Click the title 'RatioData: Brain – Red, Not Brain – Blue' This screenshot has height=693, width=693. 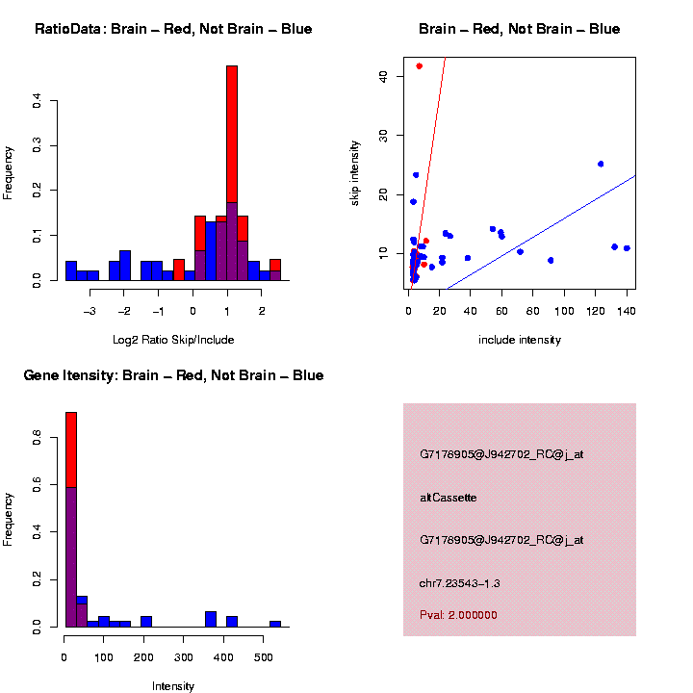[x=173, y=30]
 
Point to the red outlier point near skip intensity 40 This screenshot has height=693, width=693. [x=419, y=65]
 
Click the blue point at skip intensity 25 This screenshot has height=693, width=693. [x=601, y=164]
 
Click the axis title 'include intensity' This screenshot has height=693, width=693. [x=519, y=340]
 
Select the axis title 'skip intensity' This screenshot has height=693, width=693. [x=355, y=172]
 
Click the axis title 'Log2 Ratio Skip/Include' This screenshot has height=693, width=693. [x=173, y=340]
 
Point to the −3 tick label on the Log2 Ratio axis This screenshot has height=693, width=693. [x=89, y=311]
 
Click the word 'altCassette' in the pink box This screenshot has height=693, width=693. [x=449, y=498]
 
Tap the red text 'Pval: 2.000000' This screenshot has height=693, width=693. [x=458, y=615]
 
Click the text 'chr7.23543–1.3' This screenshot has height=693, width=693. [x=460, y=583]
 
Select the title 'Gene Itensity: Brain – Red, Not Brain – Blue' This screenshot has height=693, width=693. [x=173, y=375]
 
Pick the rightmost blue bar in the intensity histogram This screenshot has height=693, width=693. [x=274, y=623]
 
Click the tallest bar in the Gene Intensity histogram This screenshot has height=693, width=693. [x=70, y=520]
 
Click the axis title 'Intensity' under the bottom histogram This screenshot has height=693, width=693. [x=173, y=686]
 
